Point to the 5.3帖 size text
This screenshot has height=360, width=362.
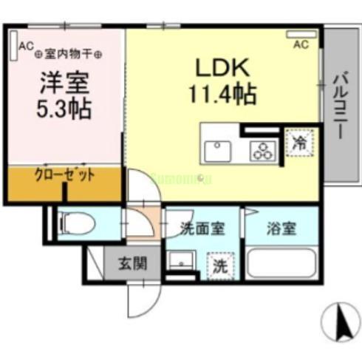coord(64,109)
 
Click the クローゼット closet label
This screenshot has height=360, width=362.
coord(64,175)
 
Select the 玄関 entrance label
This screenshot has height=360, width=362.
coord(134,262)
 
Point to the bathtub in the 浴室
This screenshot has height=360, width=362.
coord(281,262)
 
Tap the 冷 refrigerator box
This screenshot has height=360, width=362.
coord(300,142)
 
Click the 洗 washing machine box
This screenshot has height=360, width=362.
coord(219,264)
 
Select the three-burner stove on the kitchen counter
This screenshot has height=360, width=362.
coord(261,151)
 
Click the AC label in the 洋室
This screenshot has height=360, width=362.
coord(27,46)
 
